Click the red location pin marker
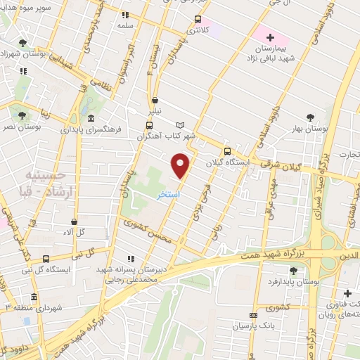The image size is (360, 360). point(181,166)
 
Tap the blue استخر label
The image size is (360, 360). point(168,193)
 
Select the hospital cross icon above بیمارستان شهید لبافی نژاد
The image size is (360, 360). point(270,37)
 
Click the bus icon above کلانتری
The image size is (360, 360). point(198,19)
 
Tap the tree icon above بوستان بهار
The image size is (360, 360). point(309,117)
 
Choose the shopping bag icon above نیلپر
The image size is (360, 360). point(155,101)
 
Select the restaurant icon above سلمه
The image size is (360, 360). point(125,14)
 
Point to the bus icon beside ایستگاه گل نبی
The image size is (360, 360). point(46,257)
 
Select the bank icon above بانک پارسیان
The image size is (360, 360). point(254,315)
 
